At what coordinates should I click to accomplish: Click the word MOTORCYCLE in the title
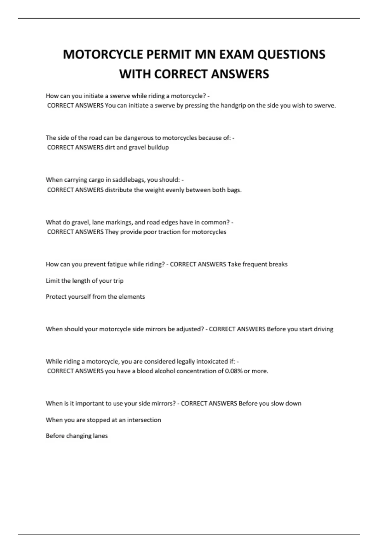pyautogui.click(x=103, y=54)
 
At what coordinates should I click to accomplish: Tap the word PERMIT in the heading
pyautogui.click(x=169, y=54)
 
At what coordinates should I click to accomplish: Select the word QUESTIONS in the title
pyautogui.click(x=291, y=54)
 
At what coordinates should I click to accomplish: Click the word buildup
pyautogui.click(x=158, y=147)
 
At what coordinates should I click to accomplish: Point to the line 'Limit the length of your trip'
pyautogui.click(x=84, y=281)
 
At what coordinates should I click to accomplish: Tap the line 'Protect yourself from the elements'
pyautogui.click(x=95, y=297)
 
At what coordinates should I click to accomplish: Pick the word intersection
pyautogui.click(x=144, y=420)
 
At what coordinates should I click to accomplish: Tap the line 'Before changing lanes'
pyautogui.click(x=77, y=436)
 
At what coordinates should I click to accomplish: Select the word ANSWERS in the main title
pyautogui.click(x=240, y=74)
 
